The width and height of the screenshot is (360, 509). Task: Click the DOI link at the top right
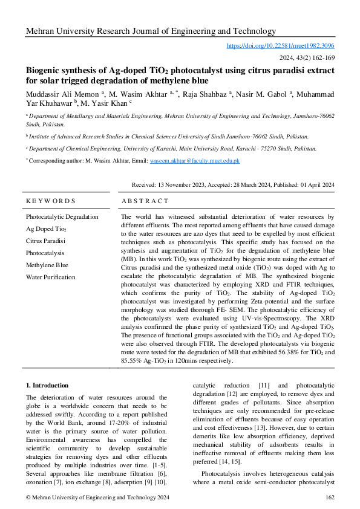coord(280,45)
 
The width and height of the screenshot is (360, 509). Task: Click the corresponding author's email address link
coord(203,161)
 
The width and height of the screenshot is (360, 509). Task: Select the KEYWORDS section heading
coord(51,201)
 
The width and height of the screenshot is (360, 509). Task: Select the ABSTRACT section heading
coord(145,201)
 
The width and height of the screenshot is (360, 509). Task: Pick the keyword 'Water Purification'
coord(50,277)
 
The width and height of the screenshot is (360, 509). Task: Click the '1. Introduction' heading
coord(47,385)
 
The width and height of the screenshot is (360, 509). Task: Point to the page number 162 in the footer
coord(330,497)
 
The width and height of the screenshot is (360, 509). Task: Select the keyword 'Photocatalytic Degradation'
coord(62,216)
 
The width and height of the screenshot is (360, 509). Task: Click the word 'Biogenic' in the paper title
coord(45,70)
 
